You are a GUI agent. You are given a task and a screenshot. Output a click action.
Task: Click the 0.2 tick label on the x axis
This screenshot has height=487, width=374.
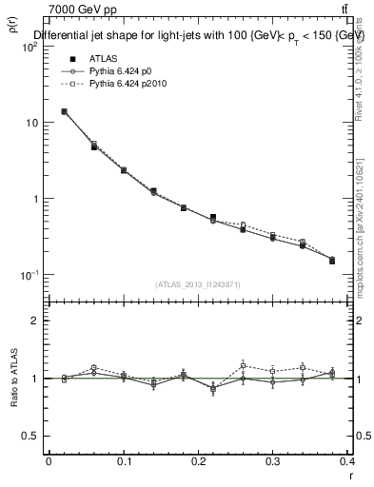(198, 463)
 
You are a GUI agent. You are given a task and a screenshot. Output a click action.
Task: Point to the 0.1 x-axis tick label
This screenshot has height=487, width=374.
(124, 463)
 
